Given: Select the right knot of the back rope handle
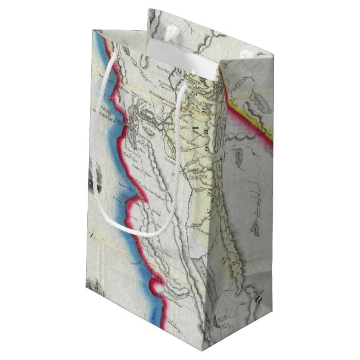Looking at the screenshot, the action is coord(245,54).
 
